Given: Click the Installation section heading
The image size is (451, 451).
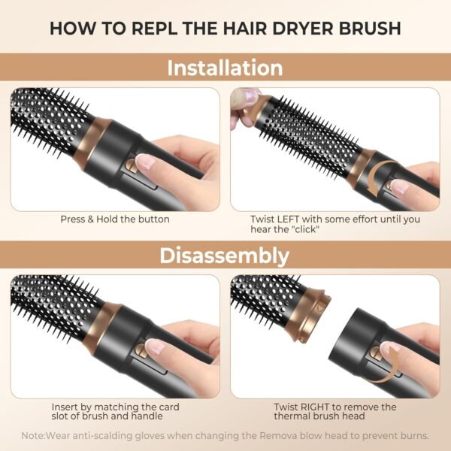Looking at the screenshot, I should coord(225,68).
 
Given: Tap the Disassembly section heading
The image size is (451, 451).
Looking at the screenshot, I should coord(225,256).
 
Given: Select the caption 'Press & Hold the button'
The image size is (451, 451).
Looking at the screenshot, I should coord(115,219).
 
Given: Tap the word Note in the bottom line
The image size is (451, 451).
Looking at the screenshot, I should coord(33,434).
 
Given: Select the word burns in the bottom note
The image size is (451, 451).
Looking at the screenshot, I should coord(413,434).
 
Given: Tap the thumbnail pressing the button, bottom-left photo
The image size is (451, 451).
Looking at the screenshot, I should coord(155,347).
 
